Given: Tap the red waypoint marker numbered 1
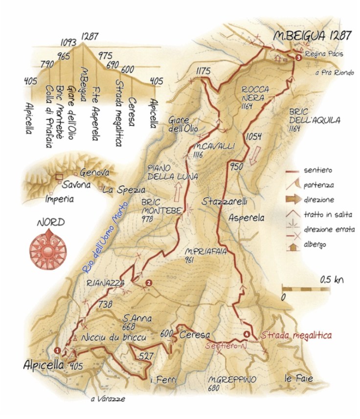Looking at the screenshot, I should pos(57,350).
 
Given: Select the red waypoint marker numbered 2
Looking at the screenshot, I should pos(148,282).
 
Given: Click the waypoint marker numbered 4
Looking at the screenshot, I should pos(247,335).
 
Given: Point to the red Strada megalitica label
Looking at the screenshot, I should pos(296,336).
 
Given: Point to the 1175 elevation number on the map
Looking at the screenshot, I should pos(202,71).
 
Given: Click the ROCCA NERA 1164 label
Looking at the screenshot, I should pos(253,97).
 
